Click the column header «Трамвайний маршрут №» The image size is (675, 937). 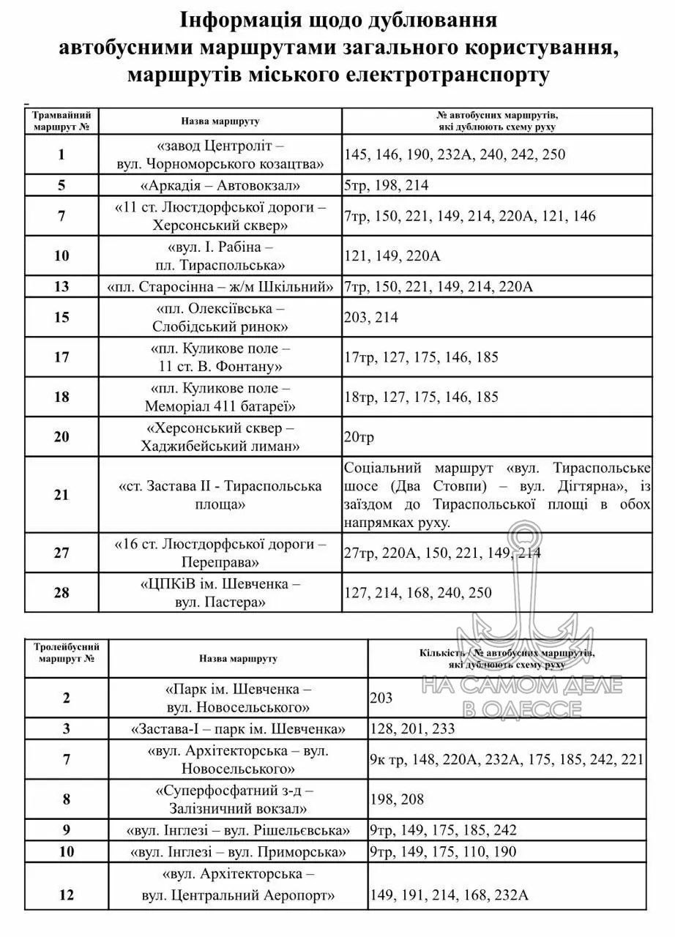tap(62, 122)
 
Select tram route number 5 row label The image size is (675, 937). tap(62, 185)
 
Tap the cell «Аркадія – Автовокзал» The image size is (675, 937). tap(220, 185)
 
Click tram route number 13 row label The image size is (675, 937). tap(62, 286)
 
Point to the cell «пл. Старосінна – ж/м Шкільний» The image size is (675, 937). tap(220, 286)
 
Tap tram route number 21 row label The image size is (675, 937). tap(62, 495)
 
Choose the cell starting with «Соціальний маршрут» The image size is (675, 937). tap(496, 495)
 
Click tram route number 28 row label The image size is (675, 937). tap(62, 592)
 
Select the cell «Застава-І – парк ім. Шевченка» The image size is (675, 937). tap(238, 729)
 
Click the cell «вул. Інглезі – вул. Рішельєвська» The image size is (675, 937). tap(238, 830)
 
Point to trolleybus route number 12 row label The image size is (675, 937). tap(67, 895)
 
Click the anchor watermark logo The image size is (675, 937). tap(521, 608)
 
